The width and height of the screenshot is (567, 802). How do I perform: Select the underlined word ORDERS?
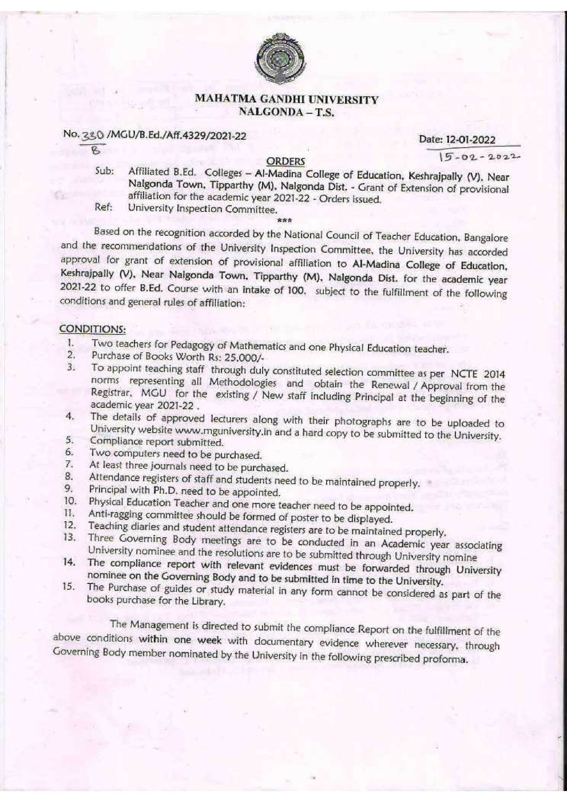[285, 162]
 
